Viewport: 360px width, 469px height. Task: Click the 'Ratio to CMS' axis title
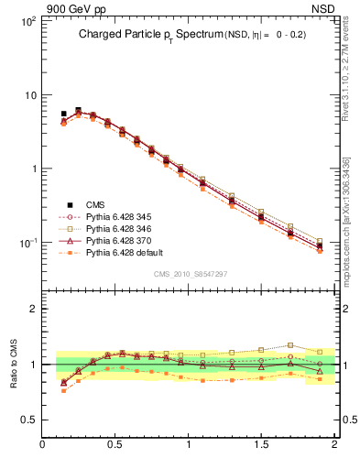14,364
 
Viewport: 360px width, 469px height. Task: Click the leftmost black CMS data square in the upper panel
63,115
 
